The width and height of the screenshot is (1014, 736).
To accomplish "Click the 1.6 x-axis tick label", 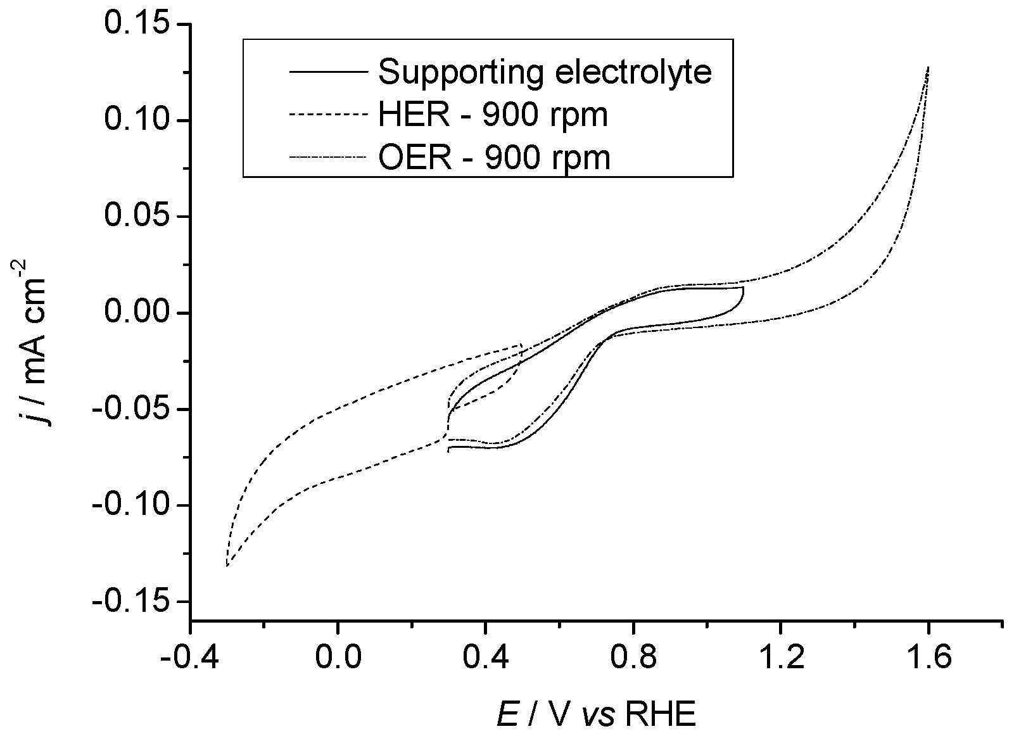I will click(x=928, y=659).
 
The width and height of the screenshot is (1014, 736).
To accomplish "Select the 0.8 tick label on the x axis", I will click(x=633, y=659).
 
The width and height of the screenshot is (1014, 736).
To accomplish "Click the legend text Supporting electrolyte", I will click(x=545, y=72).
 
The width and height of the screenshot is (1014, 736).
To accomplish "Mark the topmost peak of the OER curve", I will click(x=928, y=67).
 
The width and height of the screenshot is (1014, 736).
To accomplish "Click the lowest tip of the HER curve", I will click(x=227, y=566).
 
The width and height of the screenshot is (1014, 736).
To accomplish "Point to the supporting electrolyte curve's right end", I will click(x=743, y=288).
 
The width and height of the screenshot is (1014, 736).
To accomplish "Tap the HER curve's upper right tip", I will click(x=521, y=344).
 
